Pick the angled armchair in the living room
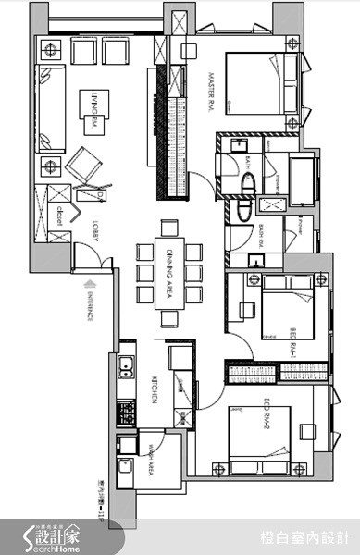(86, 167)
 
